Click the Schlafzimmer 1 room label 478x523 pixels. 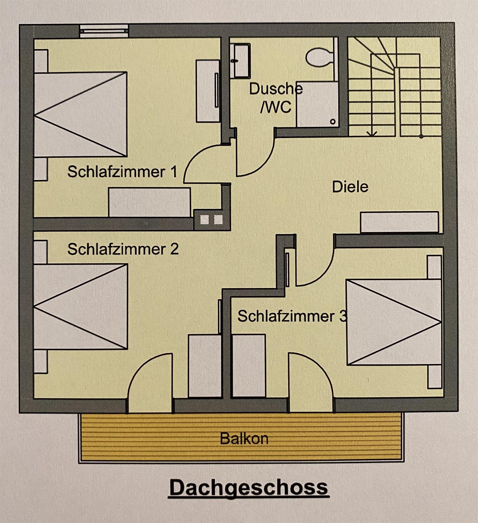click(x=122, y=172)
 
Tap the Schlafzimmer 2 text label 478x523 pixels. click(x=123, y=249)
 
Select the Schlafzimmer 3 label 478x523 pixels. click(x=292, y=316)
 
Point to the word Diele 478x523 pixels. click(x=350, y=187)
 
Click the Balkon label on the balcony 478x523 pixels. click(x=244, y=439)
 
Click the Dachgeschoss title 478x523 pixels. click(x=248, y=487)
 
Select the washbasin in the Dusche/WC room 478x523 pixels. click(x=240, y=60)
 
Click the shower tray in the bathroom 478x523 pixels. click(x=317, y=104)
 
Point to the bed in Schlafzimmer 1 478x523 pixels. click(x=80, y=114)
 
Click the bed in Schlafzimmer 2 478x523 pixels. click(x=80, y=307)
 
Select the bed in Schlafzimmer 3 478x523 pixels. click(x=394, y=322)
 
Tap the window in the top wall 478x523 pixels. click(x=103, y=31)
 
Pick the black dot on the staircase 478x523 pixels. click(x=421, y=136)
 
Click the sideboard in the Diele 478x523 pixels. click(x=400, y=222)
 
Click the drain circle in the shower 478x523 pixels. click(x=333, y=122)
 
